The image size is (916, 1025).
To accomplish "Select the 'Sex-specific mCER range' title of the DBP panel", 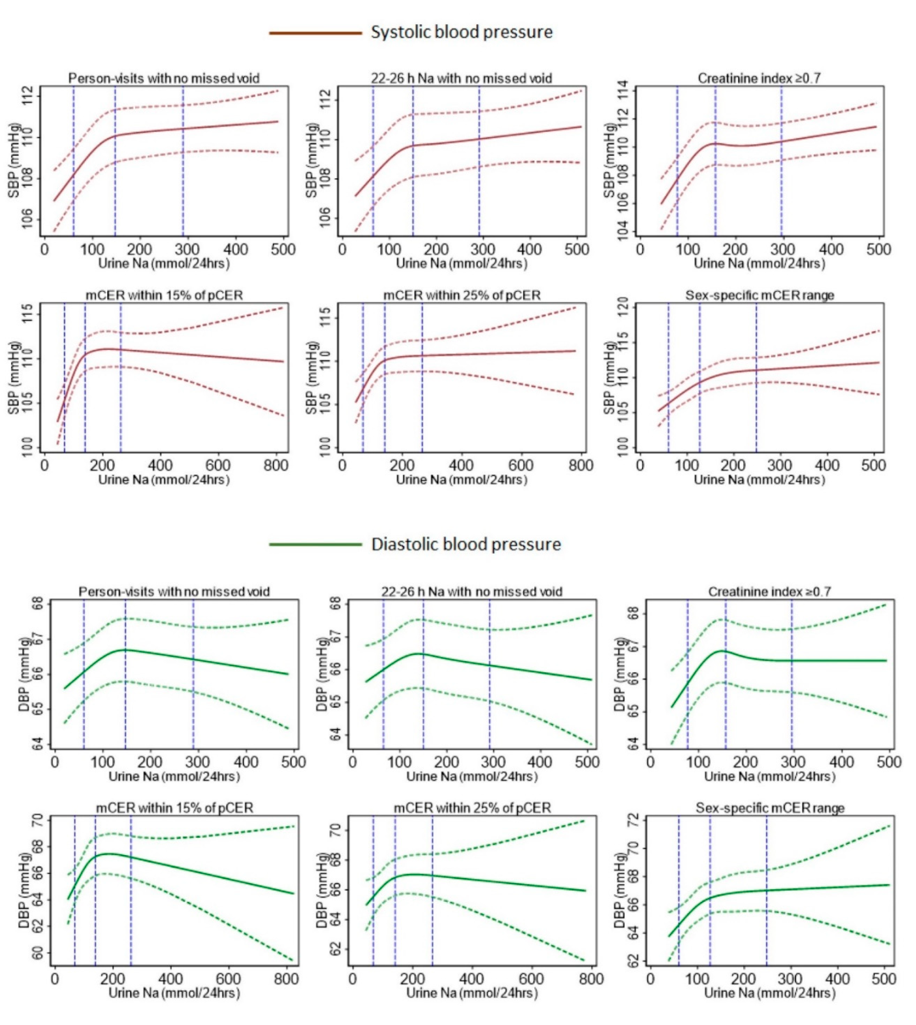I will click(x=770, y=808).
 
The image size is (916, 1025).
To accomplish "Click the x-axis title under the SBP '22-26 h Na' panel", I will click(x=461, y=264).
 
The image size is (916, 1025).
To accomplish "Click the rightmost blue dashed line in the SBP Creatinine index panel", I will click(x=782, y=161).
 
